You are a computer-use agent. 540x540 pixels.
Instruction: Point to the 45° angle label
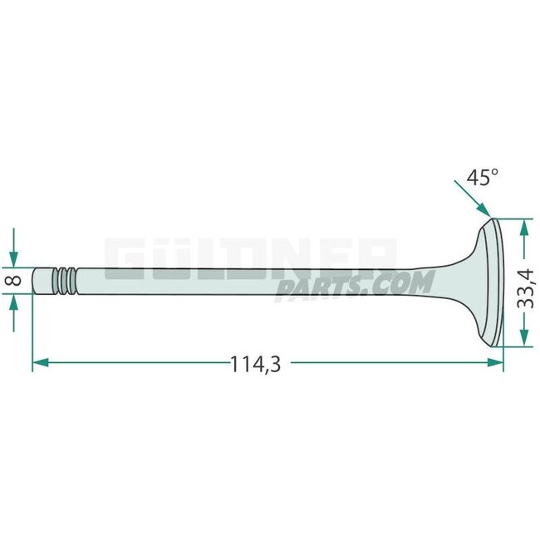point(482,177)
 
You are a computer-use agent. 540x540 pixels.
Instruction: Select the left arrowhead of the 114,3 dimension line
point(40,362)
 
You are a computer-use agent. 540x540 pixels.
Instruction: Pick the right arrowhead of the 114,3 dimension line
point(496,362)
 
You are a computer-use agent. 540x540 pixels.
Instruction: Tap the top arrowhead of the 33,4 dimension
point(522,225)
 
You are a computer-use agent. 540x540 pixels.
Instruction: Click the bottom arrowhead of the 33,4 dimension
point(522,339)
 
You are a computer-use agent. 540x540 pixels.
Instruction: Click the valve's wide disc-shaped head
point(496,282)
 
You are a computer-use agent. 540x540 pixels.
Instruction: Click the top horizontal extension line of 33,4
point(515,218)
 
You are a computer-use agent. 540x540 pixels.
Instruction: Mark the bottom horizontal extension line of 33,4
point(515,346)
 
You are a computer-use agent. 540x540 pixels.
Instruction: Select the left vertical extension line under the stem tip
point(32,332)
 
